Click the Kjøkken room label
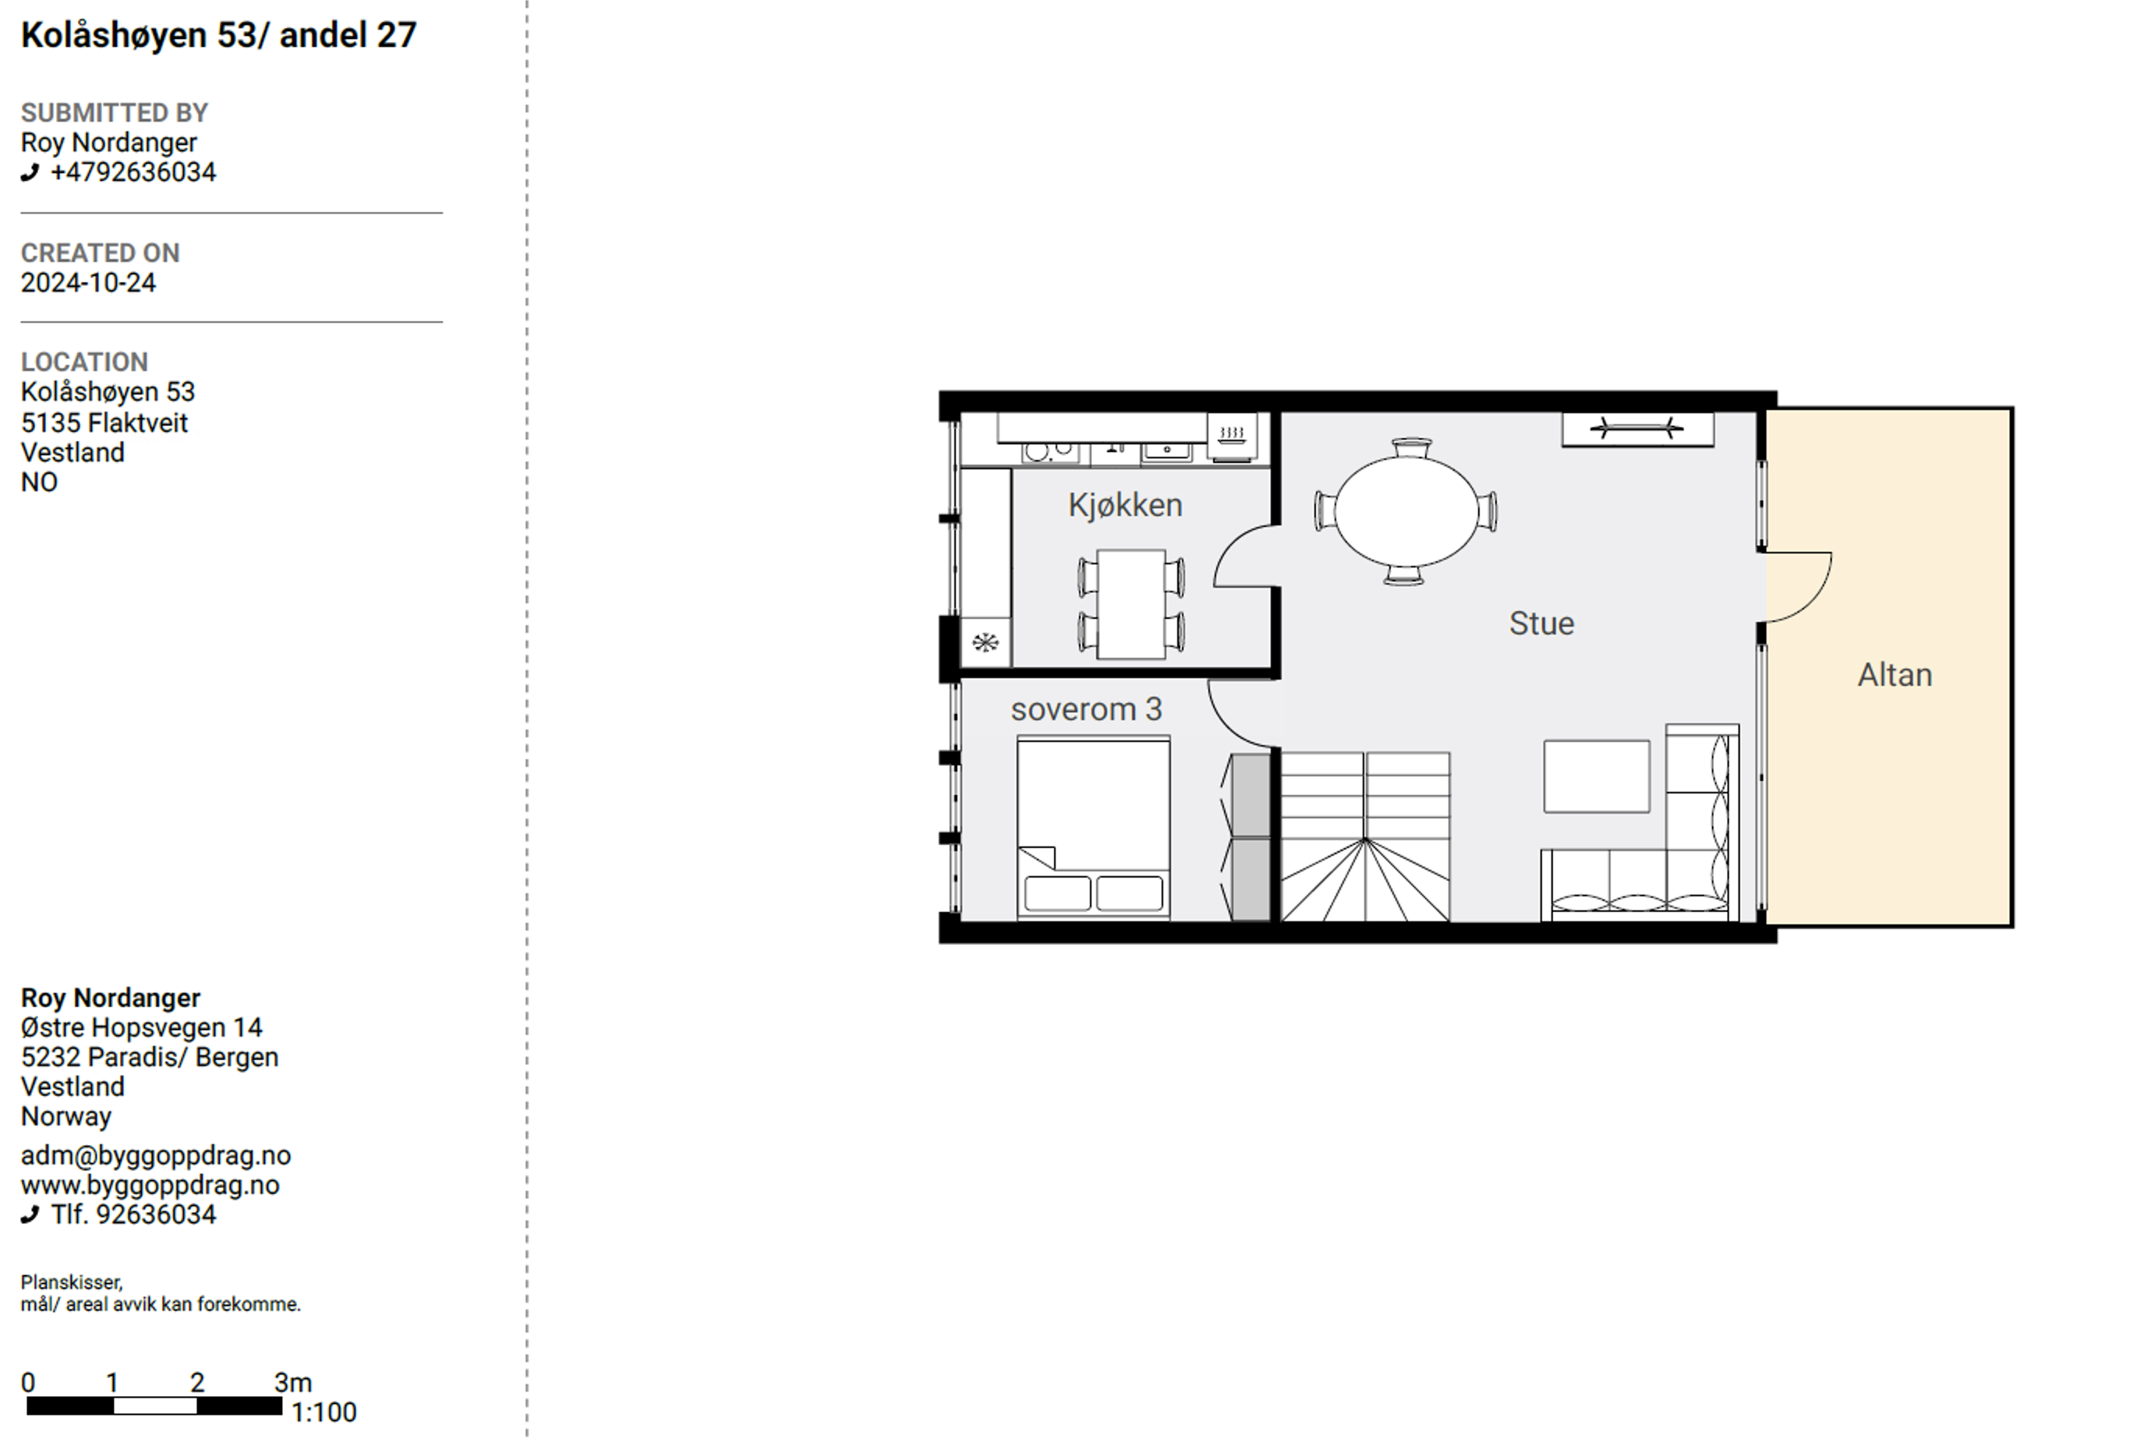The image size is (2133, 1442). tap(1124, 506)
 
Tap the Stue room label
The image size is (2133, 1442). tap(1541, 624)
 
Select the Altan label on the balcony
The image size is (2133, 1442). tap(1894, 676)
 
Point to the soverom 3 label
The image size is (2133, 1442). tap(1086, 709)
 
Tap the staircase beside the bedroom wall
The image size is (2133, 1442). tap(1365, 836)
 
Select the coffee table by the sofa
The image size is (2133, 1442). tap(1596, 776)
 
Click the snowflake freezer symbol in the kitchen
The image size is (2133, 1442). tap(985, 642)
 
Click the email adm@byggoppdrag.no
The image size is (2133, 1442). tap(156, 1156)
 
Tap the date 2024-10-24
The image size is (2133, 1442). tap(88, 283)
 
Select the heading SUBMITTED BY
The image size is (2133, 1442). tap(115, 113)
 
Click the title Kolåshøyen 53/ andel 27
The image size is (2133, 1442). tap(218, 36)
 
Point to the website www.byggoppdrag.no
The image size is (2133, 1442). tap(150, 1185)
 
